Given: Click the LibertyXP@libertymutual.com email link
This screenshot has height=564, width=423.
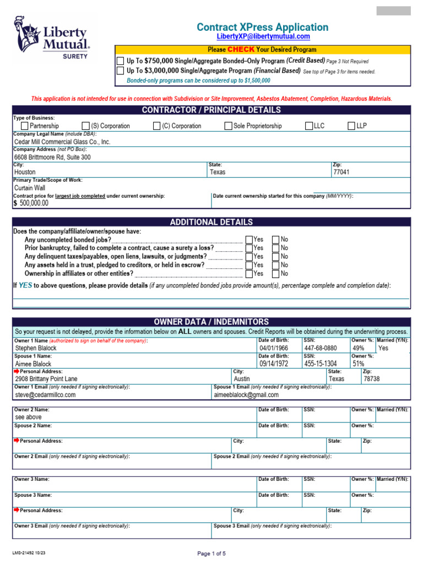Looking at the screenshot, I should [263, 36].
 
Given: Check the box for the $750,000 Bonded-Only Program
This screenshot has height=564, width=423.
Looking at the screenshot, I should [120, 61].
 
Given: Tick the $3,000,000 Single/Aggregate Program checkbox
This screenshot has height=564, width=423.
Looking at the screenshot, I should [120, 71].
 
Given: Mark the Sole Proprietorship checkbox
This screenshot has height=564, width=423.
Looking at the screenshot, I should [228, 126].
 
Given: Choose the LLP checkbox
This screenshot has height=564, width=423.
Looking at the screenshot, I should [351, 126].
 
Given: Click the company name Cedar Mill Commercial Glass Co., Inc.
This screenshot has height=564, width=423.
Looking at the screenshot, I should [62, 142].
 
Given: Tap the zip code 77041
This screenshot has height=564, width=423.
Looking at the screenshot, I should [341, 172].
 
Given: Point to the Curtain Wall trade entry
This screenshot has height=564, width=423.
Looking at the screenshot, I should [30, 188].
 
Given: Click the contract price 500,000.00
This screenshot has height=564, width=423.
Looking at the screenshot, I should [34, 203].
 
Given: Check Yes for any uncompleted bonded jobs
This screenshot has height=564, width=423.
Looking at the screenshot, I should [249, 240].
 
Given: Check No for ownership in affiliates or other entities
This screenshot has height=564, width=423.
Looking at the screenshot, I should [276, 273].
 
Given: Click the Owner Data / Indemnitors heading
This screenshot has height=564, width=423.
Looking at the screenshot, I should [211, 322].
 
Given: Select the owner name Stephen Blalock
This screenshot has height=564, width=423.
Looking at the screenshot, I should [36, 348].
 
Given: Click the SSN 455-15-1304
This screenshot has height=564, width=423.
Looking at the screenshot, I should [320, 364].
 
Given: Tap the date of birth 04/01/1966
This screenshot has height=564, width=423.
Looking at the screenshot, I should [274, 348].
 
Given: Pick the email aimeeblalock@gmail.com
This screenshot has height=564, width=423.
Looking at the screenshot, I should [246, 394].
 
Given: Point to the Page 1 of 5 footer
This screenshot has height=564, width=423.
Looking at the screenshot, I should [211, 553].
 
